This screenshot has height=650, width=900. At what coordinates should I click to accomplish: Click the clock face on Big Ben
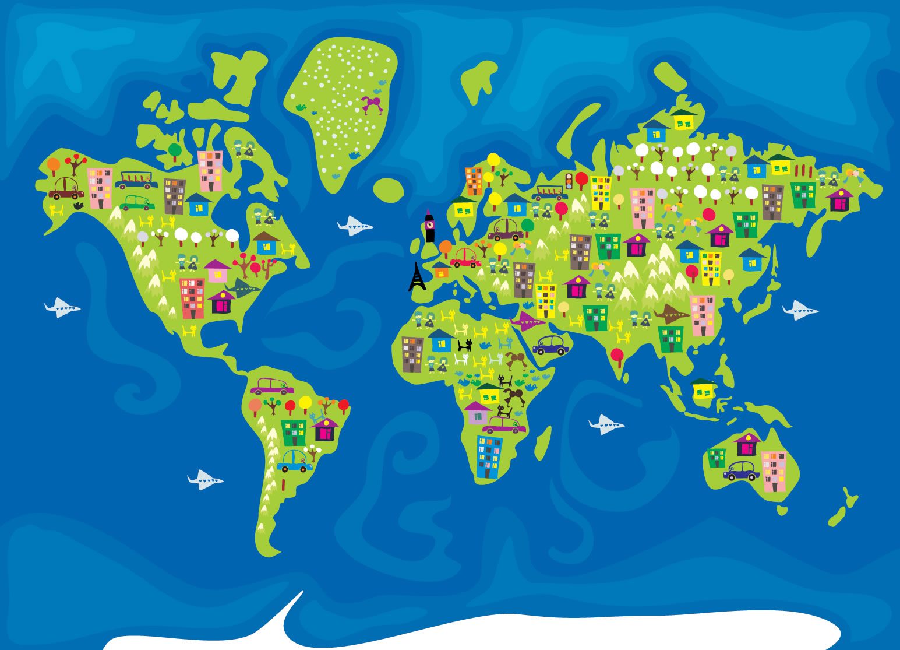(429, 222)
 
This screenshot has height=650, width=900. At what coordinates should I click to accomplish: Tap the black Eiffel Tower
(417, 277)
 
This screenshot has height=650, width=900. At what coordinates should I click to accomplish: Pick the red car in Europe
(465, 258)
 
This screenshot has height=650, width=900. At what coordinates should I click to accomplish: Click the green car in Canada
(137, 203)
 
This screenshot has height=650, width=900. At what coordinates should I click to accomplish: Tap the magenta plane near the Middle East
(528, 321)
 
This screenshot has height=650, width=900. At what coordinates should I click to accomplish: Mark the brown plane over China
(670, 314)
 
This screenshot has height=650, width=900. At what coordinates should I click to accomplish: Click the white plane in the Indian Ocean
(606, 424)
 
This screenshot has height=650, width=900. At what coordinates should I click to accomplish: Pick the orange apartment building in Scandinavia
(474, 181)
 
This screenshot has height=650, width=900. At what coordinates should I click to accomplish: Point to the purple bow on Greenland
(371, 105)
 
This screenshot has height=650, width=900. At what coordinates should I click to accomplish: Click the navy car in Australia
(742, 470)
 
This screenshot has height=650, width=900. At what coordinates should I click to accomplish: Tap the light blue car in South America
(295, 461)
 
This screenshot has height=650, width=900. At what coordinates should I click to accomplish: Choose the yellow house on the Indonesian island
(703, 389)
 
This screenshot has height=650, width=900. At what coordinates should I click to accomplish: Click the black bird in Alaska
(78, 206)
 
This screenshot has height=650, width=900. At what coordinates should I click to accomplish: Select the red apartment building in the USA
(192, 298)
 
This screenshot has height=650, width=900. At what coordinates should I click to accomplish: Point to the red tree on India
(617, 354)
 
